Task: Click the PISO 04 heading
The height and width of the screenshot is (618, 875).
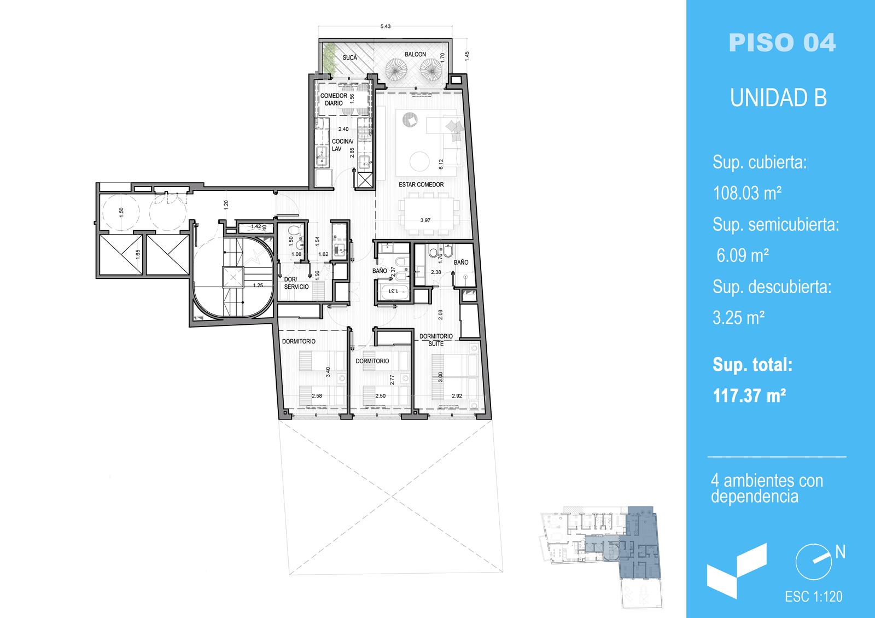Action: point(782,43)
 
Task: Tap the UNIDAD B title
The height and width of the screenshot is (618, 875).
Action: point(779,98)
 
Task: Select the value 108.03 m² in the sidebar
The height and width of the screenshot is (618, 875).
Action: point(747,193)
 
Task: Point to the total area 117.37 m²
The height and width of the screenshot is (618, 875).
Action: point(749,396)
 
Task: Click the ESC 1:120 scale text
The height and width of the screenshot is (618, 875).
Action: point(814,597)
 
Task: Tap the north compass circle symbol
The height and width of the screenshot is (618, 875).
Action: point(813,562)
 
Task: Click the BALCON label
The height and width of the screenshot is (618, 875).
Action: point(415,54)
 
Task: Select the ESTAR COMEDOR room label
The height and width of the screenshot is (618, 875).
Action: point(421,184)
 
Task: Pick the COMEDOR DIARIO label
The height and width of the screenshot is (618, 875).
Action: point(334,99)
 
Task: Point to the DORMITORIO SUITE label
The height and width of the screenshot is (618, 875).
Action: point(436,340)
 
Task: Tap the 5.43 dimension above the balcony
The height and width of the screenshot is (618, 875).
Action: point(385,27)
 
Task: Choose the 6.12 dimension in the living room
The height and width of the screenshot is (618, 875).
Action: point(441,164)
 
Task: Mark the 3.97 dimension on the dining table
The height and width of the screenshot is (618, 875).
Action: point(425,220)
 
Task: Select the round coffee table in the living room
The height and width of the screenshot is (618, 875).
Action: point(419,161)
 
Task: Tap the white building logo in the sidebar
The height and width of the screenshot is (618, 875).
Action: point(737,571)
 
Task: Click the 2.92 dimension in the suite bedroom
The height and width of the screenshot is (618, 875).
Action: point(457,396)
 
